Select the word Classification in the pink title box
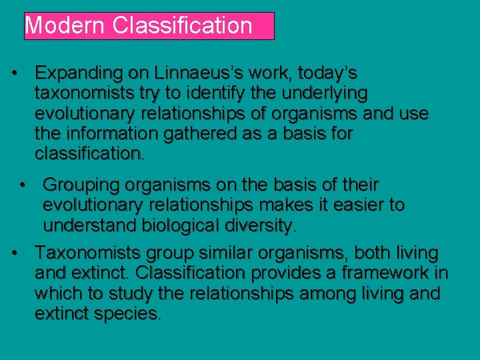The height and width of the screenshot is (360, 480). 182,26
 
